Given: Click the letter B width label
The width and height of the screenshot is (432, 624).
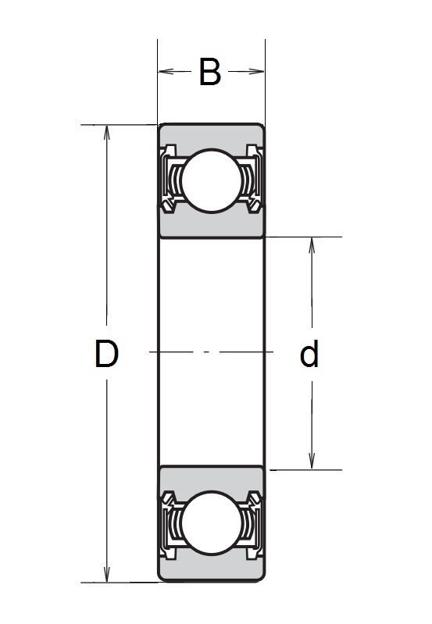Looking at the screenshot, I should (x=209, y=72).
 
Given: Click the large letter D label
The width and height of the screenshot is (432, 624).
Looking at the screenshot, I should (x=106, y=355).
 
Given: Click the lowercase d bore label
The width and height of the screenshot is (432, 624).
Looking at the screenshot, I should (x=309, y=355).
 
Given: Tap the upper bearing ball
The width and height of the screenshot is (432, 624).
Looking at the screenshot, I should (x=211, y=179).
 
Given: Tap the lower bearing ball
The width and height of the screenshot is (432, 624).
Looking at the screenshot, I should (x=211, y=522).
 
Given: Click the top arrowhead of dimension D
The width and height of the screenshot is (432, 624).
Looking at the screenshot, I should (x=107, y=131).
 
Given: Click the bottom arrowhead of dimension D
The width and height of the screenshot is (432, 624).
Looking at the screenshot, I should (x=107, y=576).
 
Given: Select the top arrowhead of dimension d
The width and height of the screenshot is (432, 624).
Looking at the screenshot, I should (x=312, y=244).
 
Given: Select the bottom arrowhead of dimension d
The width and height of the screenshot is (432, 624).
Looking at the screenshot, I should (x=312, y=462).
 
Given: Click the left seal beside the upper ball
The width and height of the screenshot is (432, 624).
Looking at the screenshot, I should (x=170, y=180).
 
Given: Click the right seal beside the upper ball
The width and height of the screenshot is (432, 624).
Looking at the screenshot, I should (x=252, y=180).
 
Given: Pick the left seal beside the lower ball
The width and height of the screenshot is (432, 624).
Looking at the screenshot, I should (x=170, y=522).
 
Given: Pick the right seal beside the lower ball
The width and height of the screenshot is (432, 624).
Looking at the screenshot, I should (x=252, y=522).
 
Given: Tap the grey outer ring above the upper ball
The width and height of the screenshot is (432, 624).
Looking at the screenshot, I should (x=211, y=134).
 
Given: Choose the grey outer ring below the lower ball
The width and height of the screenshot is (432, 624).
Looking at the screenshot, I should (x=211, y=568).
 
